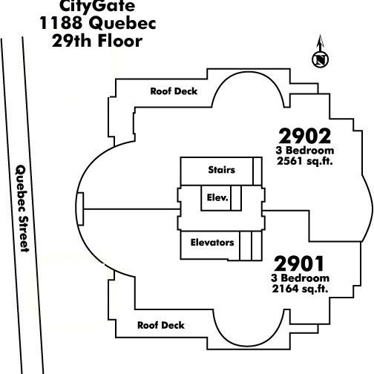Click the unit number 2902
(305, 136)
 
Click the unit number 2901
(299, 263)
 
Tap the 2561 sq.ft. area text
(305, 161)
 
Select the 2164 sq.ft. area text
(300, 289)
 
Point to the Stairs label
(221, 170)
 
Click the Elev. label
(217, 197)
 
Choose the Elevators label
(212, 243)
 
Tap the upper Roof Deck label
(174, 91)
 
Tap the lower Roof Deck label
(161, 325)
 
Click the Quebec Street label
(22, 209)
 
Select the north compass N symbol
(320, 59)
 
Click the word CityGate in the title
(97, 6)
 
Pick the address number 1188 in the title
(61, 23)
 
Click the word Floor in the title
(120, 41)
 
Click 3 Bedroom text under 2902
(305, 151)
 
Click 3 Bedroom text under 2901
(300, 278)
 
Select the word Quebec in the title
(122, 24)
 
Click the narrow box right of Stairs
(257, 171)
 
